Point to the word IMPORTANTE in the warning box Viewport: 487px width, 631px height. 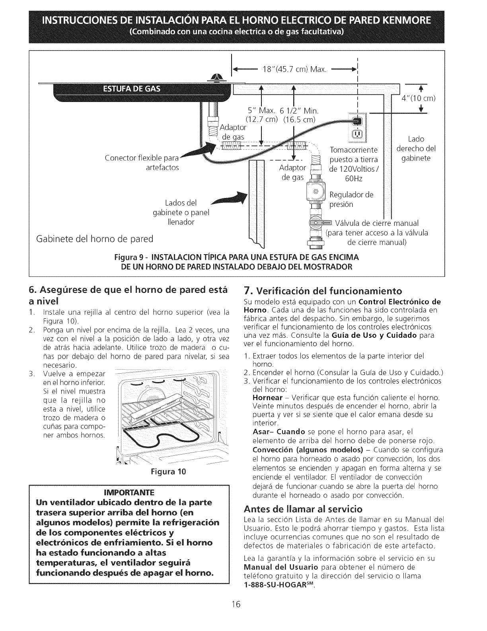pos(129,490)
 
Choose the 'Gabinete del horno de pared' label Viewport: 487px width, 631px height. pos(95,239)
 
